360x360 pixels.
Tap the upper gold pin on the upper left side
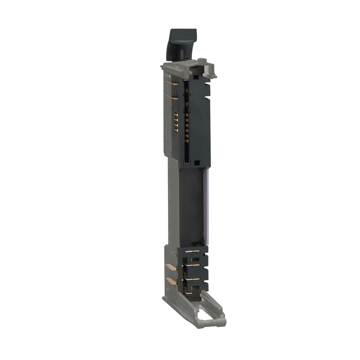coord(172,84)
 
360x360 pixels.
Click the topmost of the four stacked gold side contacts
coord(176,114)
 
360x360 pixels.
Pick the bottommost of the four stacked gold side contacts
coord(176,130)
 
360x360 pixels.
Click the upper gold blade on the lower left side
coord(171,267)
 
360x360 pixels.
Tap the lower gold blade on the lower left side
coord(171,281)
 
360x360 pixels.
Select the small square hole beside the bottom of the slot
coord(197,163)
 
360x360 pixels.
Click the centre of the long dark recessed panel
coord(192,206)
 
